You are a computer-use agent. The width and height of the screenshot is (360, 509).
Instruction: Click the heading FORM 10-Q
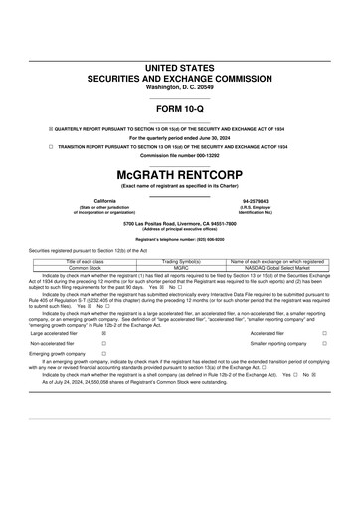click(x=179, y=107)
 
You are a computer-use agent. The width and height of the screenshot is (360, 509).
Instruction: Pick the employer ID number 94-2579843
click(x=257, y=200)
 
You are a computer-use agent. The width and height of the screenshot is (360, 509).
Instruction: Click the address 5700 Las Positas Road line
click(x=179, y=224)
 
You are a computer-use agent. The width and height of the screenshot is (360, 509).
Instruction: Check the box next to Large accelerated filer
click(x=104, y=333)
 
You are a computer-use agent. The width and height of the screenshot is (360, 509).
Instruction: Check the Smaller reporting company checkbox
click(x=324, y=343)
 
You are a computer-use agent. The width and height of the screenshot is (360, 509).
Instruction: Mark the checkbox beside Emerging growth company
click(x=104, y=353)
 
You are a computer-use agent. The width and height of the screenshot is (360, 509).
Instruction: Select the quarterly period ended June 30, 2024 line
click(x=179, y=137)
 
